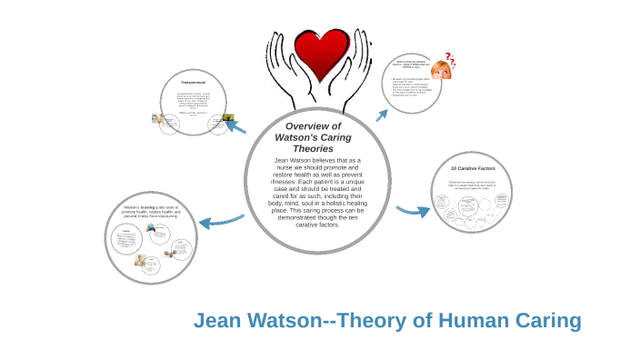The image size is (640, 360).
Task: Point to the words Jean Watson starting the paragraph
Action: pos(292,161)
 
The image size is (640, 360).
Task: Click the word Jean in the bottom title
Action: pos(219,321)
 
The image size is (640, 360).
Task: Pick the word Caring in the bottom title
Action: pos(545,321)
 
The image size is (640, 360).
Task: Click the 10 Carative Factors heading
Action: pos(470,169)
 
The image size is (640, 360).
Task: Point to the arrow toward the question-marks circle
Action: pos(381,115)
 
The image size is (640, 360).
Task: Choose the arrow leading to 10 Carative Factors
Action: pos(412,212)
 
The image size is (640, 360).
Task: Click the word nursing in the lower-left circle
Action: pos(148,207)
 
